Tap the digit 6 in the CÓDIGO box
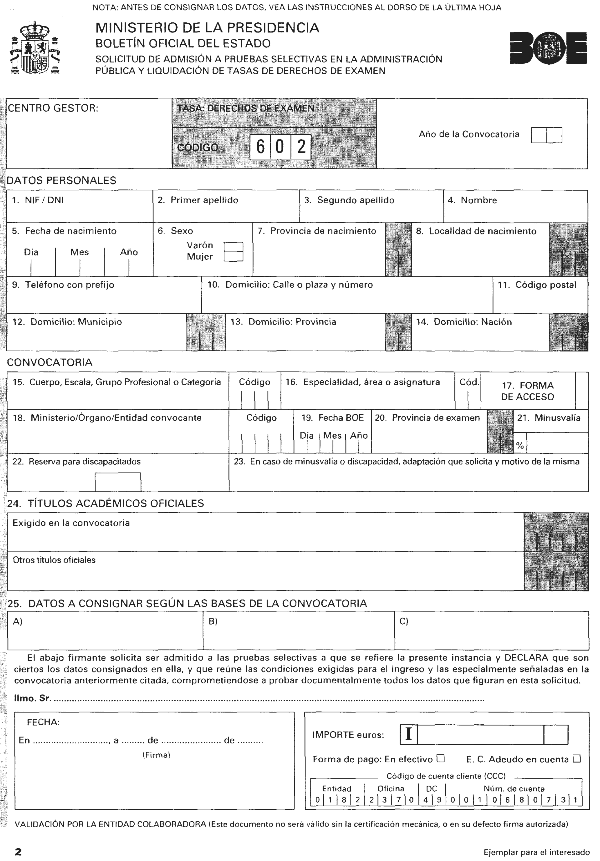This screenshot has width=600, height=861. [260, 146]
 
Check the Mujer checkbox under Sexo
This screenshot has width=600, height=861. [233, 256]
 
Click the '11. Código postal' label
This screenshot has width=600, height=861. [537, 285]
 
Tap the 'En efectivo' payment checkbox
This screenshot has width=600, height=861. [441, 758]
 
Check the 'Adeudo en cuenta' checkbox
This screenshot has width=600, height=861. [577, 758]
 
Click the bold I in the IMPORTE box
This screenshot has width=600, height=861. [409, 734]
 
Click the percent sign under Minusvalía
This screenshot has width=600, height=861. [520, 446]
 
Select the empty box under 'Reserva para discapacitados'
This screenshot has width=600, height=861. [118, 482]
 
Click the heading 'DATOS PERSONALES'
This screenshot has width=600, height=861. [62, 180]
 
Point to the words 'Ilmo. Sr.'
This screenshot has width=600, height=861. [32, 698]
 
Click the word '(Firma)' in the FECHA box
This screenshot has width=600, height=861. [156, 755]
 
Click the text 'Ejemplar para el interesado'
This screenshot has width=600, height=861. [536, 852]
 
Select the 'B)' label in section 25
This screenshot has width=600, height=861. [213, 622]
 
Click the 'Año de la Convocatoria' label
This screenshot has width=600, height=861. [469, 134]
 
